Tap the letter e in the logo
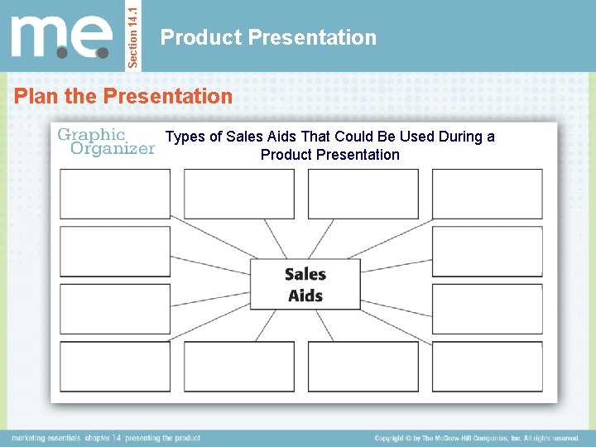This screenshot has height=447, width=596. point(93,39)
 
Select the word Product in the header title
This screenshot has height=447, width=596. point(201,37)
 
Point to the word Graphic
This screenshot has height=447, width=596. point(91,134)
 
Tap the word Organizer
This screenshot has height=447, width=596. point(113,149)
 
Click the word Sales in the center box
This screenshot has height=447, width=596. point(305,274)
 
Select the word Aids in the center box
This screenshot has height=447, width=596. point(305,296)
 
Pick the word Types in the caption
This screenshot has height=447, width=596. point(185,137)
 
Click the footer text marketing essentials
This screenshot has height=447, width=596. point(46,438)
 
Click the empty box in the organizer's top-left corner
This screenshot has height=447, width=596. point(115,194)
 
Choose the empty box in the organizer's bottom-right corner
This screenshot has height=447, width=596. point(487,367)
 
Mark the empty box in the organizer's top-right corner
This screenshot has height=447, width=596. point(487,194)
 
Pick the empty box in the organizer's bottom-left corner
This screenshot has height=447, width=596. point(115,367)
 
